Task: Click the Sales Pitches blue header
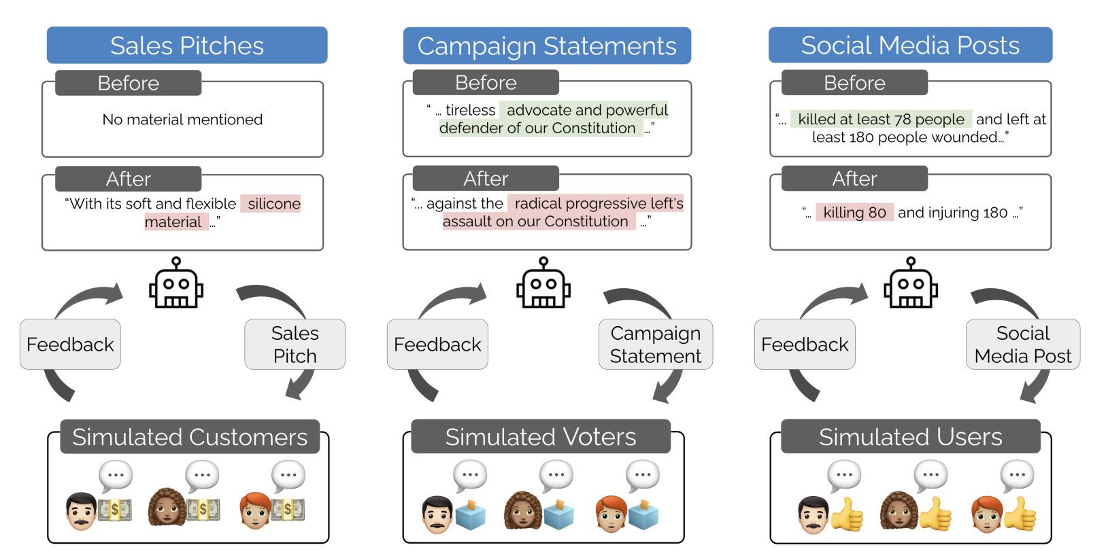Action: [187, 46]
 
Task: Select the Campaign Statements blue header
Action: [547, 46]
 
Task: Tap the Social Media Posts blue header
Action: [911, 46]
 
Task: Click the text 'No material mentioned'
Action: [182, 120]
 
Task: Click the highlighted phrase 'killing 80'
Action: [855, 212]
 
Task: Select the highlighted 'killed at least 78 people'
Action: [882, 119]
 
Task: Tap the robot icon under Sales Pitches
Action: [176, 283]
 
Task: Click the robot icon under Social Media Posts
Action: [911, 283]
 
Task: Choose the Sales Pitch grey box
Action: [295, 345]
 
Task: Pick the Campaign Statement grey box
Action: [656, 345]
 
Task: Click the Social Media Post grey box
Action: [1023, 345]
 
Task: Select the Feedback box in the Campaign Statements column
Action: [437, 345]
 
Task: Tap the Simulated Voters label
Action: [541, 437]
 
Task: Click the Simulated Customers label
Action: [190, 437]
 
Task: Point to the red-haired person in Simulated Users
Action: [988, 514]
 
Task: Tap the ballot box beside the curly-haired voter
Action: [558, 514]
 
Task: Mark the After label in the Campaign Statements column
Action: [486, 179]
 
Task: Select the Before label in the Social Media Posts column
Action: [855, 82]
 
